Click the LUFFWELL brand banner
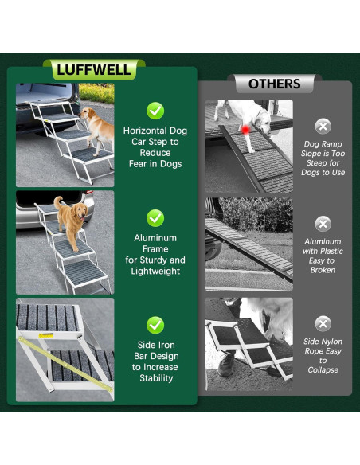tap(94, 70)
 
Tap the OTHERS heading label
tap(274, 84)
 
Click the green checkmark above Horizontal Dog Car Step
tap(155, 111)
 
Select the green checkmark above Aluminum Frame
tap(155, 218)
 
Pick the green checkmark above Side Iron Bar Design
tap(155, 326)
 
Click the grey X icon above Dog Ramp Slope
tap(323, 127)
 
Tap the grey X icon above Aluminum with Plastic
tap(323, 224)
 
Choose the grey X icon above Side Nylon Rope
tap(323, 323)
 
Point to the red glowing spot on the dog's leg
tap(245, 130)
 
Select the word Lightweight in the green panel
tap(155, 271)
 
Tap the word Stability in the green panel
tap(156, 378)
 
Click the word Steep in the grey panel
tap(317, 162)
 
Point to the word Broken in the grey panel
tap(323, 270)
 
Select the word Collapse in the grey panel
tap(323, 369)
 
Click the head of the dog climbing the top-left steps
tap(86, 113)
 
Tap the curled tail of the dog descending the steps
tap(57, 201)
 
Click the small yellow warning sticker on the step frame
tap(45, 335)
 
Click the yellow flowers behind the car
tap(96, 93)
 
